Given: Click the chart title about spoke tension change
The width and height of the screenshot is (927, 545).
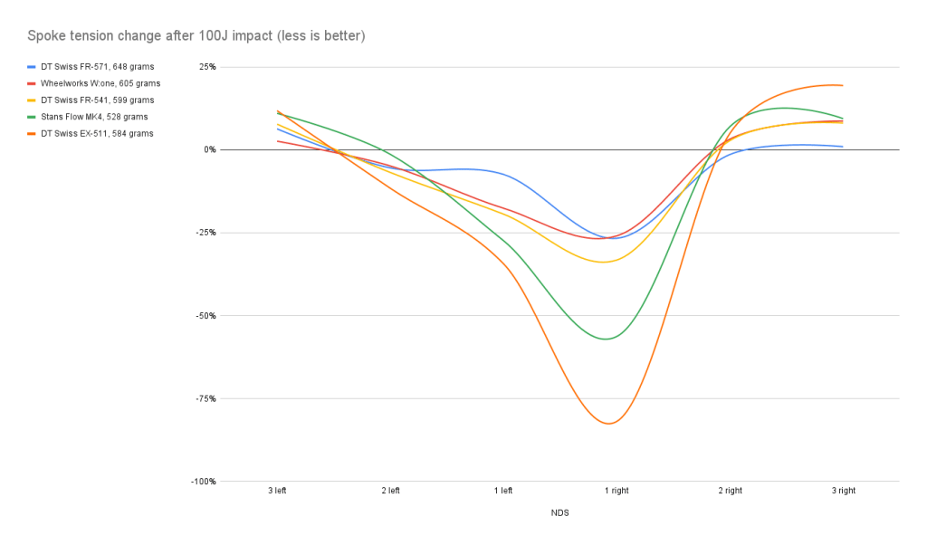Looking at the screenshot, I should tap(196, 36).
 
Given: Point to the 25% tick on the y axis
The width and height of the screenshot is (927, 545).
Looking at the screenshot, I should tap(208, 67).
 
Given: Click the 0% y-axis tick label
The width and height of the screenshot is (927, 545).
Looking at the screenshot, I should tap(210, 149).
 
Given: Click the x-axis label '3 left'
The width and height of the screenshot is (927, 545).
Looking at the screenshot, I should tap(277, 491).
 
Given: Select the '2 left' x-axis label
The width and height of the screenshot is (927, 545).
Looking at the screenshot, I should tap(390, 491).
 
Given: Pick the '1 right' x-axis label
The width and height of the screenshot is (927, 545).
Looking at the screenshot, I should tap(616, 491).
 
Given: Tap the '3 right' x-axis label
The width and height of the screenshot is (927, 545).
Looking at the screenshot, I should tap(843, 491).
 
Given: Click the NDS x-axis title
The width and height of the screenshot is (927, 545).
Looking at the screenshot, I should tap(559, 512).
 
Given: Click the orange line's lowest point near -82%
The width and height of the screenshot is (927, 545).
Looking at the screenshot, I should tap(608, 424).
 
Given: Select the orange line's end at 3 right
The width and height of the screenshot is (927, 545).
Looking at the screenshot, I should tap(843, 85).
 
